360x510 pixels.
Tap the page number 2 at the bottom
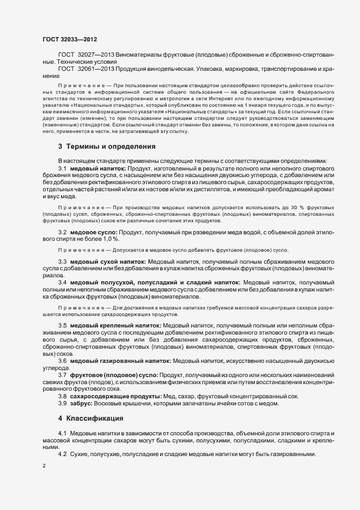tap(44, 466)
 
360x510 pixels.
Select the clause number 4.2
tap(63, 454)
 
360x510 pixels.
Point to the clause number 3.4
tap(63, 283)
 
